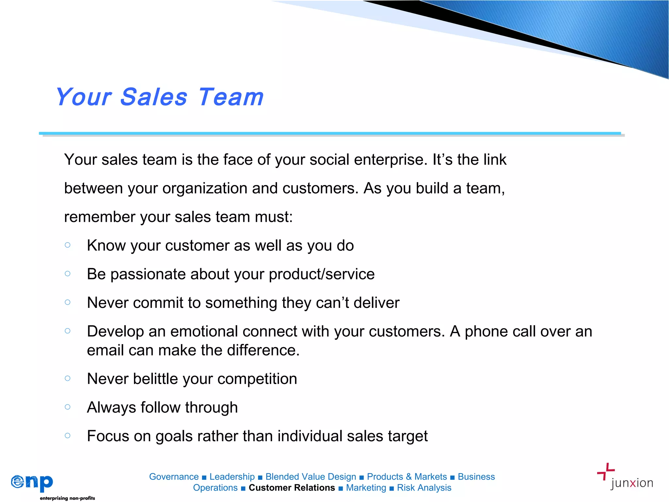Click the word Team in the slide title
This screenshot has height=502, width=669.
coord(231,97)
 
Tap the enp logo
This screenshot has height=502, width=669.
coord(32,482)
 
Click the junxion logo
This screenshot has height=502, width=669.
coord(625,477)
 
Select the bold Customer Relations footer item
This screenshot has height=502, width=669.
coord(292,488)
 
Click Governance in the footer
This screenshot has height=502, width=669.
coord(174,477)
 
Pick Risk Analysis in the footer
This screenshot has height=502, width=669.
coord(424,488)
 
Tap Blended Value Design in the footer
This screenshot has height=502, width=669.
coord(311,477)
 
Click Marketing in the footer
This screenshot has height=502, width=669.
coord(366,488)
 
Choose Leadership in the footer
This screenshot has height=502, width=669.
coord(232,477)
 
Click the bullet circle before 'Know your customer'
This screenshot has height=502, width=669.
coord(68,245)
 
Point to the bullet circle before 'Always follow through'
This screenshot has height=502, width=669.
coord(68,407)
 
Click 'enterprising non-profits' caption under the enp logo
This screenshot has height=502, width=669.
coord(67,498)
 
